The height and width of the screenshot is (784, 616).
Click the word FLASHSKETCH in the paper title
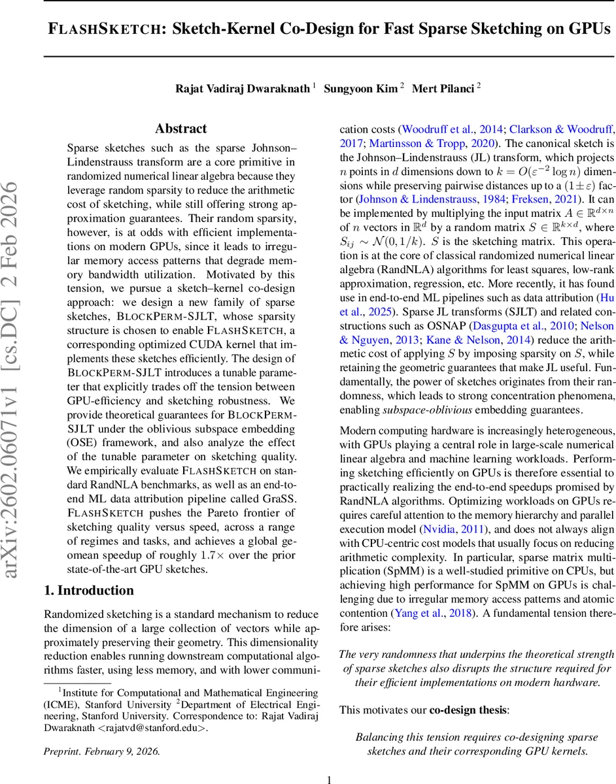click(x=105, y=29)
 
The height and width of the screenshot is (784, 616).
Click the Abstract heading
click(x=180, y=129)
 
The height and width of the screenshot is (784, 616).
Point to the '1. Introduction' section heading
click(x=88, y=591)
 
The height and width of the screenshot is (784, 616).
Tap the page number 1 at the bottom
click(x=330, y=779)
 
